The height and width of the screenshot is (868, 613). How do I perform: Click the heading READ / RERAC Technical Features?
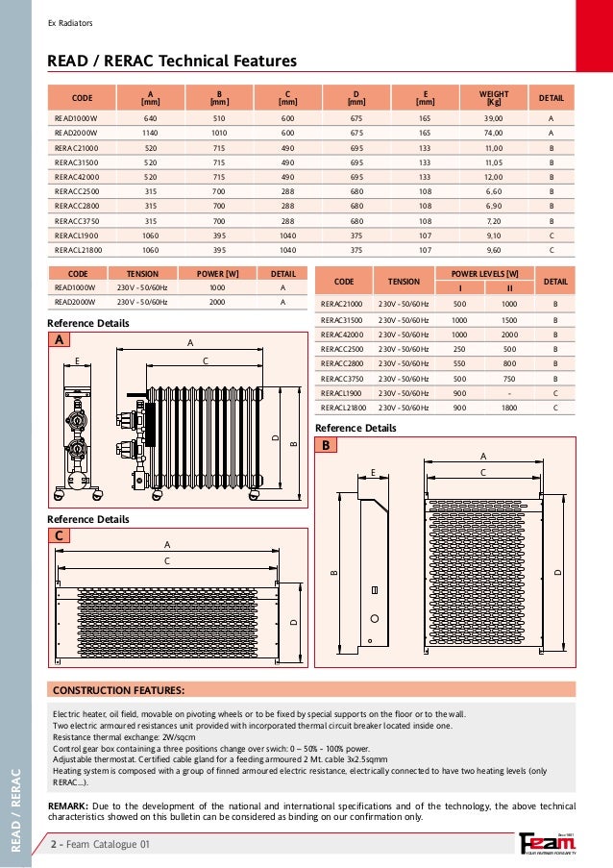click(172, 62)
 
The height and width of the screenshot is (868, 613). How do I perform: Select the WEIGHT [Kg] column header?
click(494, 97)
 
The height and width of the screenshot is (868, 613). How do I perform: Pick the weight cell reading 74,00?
click(494, 132)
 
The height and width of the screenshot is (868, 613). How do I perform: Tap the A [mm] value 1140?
click(150, 132)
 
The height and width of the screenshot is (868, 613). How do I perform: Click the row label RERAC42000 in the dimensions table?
click(78, 178)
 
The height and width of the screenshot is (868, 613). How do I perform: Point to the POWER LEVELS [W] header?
click(486, 274)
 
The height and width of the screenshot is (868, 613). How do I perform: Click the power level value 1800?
click(509, 408)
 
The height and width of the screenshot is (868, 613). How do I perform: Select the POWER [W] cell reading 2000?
click(217, 302)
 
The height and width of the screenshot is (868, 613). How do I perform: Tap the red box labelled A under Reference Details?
click(61, 339)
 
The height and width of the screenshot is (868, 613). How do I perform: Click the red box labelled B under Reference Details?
click(326, 445)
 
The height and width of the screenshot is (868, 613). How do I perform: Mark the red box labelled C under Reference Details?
click(61, 536)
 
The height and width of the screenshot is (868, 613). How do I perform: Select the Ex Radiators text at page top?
click(70, 23)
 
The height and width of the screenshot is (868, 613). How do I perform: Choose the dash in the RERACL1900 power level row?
click(509, 393)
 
